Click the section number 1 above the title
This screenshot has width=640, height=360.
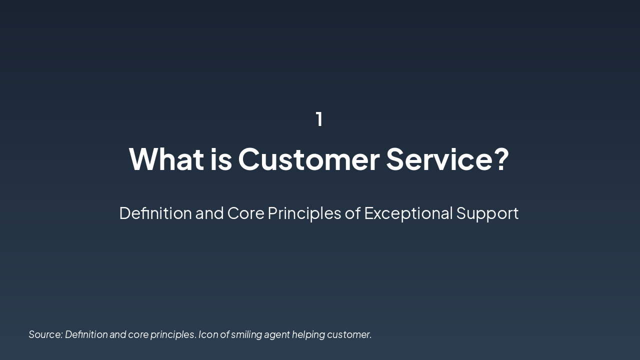pos(319,119)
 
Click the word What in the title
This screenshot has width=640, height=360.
pos(166,159)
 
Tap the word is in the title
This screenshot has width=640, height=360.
pos(220,159)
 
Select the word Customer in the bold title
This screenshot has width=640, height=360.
pos(308,159)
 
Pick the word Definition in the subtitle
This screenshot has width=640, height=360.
pos(155,213)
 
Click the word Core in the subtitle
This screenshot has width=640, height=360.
pos(245,213)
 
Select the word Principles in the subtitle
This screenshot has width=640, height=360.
pos(304,213)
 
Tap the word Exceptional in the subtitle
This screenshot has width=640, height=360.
pos(408,213)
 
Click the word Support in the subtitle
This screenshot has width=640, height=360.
pos(487,213)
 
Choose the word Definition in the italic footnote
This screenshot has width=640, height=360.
pos(86,334)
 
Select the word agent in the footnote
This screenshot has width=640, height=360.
pos(277,334)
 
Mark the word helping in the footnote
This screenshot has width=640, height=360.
pos(308,334)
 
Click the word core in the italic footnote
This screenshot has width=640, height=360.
pos(138,334)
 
